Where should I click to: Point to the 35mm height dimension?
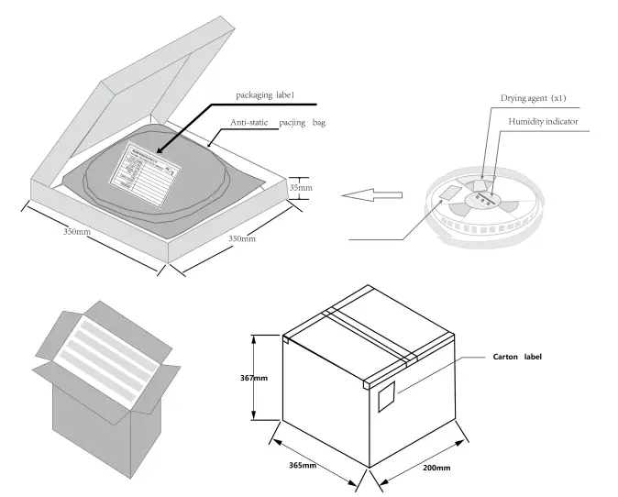[301, 187]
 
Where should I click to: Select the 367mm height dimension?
[254, 376]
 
